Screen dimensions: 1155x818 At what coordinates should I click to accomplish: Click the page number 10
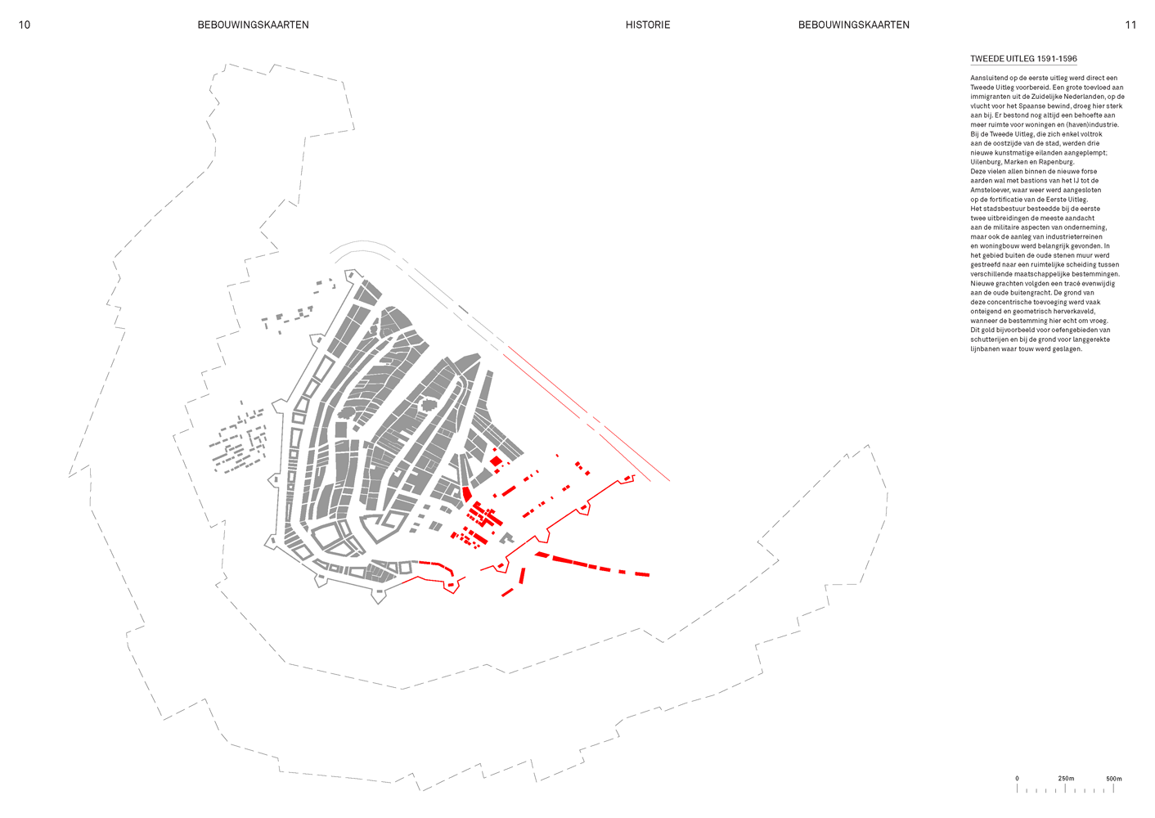25,25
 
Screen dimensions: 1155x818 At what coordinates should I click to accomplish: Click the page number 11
1130,25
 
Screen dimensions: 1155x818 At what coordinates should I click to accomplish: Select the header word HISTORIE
648,25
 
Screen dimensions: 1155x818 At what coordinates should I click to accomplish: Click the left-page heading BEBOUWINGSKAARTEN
254,25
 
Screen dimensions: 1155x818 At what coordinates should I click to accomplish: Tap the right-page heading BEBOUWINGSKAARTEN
853,25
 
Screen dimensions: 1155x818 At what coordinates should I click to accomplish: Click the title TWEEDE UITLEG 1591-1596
1023,59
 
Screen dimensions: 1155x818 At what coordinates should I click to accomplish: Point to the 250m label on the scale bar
1066,778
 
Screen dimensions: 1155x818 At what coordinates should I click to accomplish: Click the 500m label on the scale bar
1114,778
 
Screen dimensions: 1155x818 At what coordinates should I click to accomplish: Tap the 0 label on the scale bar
1017,778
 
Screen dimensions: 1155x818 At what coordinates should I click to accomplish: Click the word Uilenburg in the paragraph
986,162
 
